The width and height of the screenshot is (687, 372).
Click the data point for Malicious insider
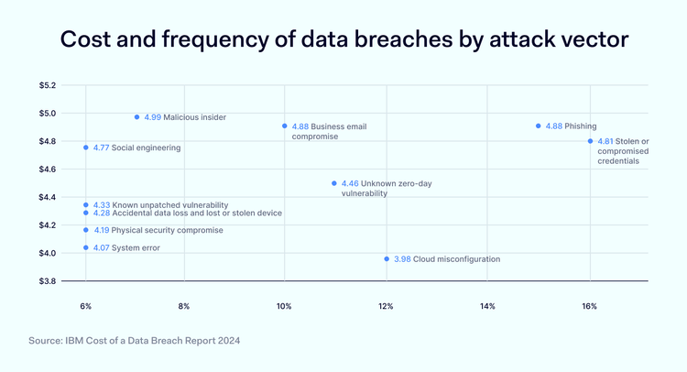(136, 117)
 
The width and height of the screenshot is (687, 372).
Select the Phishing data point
(538, 126)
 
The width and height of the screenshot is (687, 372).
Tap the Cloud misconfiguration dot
(387, 259)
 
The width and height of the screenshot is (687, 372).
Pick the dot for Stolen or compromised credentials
(590, 141)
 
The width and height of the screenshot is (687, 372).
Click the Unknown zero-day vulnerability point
(333, 183)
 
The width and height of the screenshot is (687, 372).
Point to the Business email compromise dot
(284, 126)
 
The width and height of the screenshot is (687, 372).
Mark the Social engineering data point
(86, 148)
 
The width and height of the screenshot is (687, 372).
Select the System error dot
(86, 247)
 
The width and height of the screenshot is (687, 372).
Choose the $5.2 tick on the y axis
(47, 85)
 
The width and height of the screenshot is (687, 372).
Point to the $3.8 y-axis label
(47, 281)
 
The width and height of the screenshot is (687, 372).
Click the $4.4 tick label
(47, 197)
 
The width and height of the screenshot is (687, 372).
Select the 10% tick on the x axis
(284, 305)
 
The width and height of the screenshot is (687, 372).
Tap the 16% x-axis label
(589, 305)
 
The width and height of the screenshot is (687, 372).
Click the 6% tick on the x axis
(85, 305)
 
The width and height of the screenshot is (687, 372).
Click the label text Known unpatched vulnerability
(169, 205)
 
